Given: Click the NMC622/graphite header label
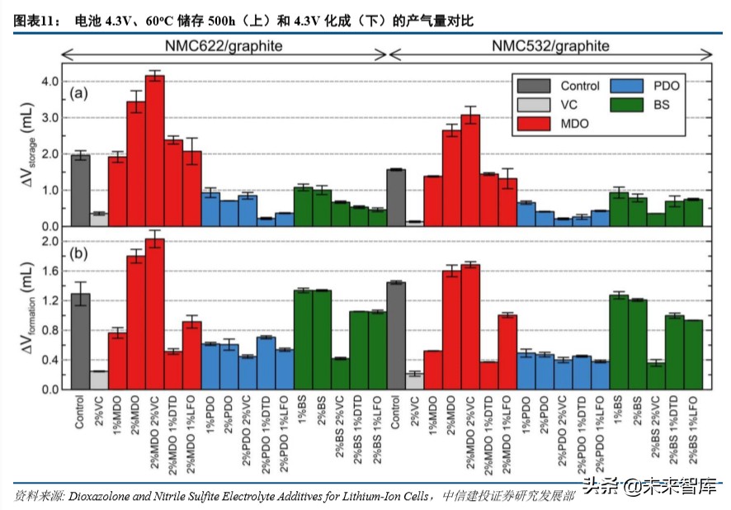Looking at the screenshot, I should click(224, 46).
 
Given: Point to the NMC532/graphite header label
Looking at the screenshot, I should click(551, 46).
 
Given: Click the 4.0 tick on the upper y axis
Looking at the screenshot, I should click(50, 82).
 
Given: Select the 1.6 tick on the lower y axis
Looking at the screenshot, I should click(50, 271).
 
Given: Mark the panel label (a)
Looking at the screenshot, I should click(79, 93).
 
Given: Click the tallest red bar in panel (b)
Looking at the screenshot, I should click(154, 314).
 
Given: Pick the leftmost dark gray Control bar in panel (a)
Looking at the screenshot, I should click(80, 190).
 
